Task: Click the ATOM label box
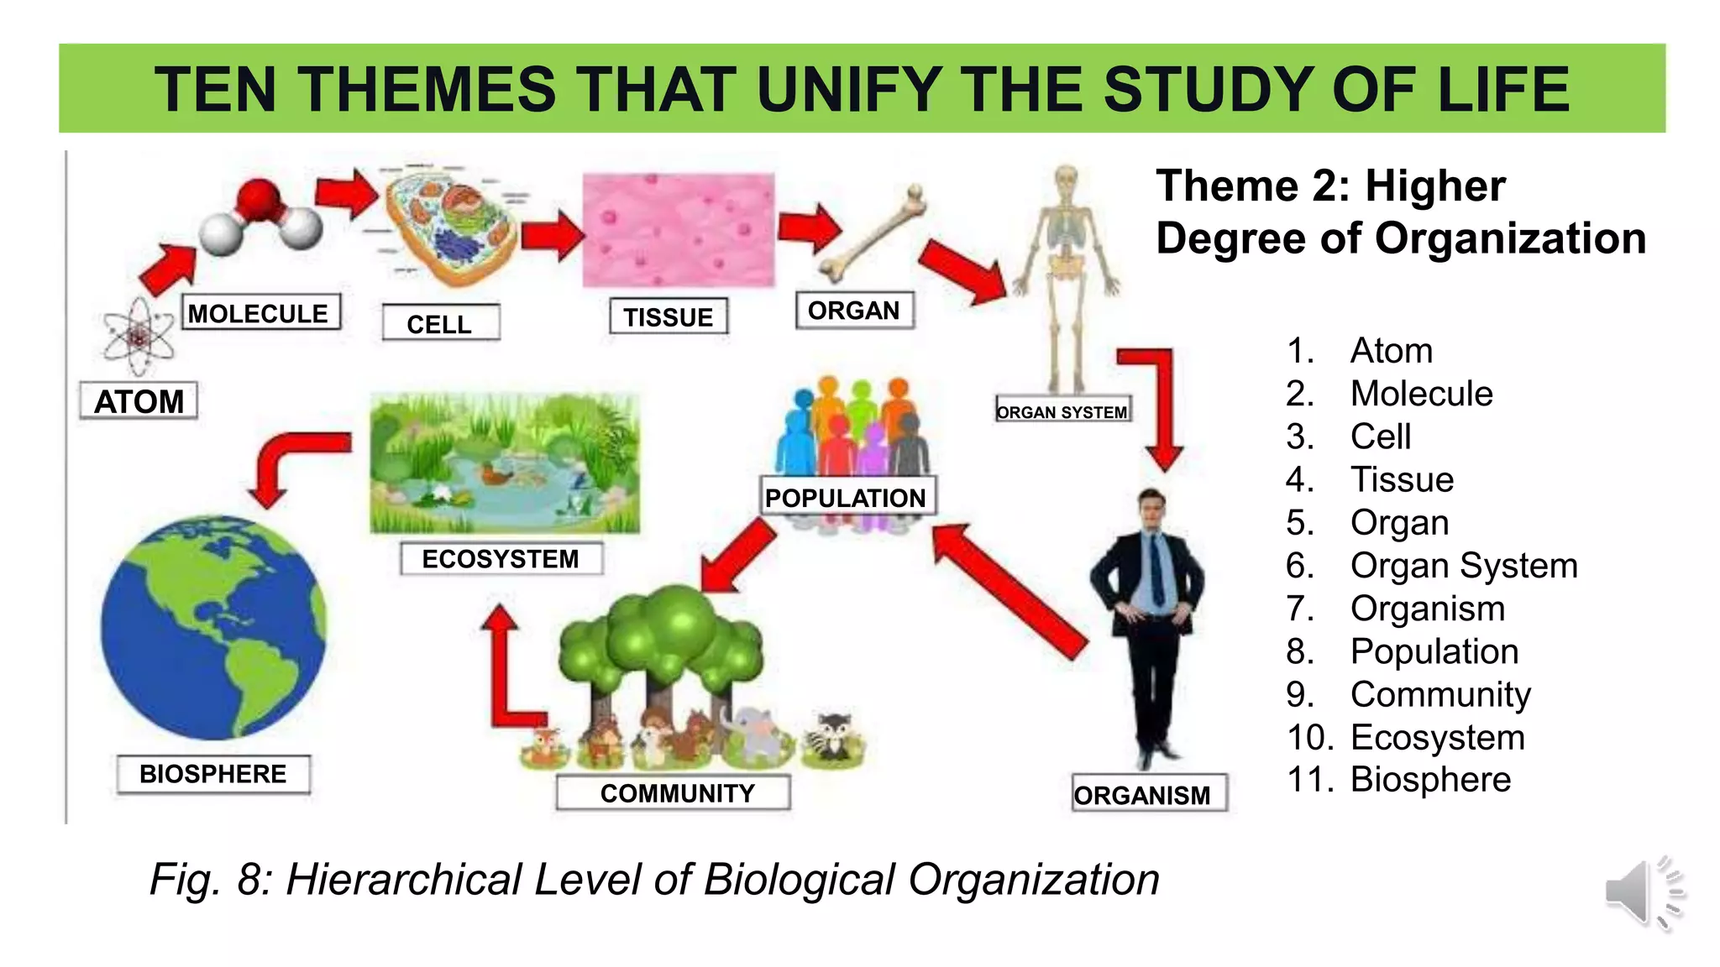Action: (x=139, y=401)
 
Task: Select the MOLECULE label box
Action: (x=259, y=313)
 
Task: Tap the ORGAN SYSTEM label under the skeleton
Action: (x=1062, y=411)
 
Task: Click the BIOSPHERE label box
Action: (x=213, y=774)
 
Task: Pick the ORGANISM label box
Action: (x=1143, y=794)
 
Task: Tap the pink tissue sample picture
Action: (x=679, y=229)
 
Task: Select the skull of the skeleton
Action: (x=1066, y=180)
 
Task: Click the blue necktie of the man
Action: (x=1158, y=571)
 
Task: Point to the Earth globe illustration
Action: (x=213, y=628)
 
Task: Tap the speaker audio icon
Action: (x=1641, y=893)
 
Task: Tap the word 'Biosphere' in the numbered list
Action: (x=1430, y=780)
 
